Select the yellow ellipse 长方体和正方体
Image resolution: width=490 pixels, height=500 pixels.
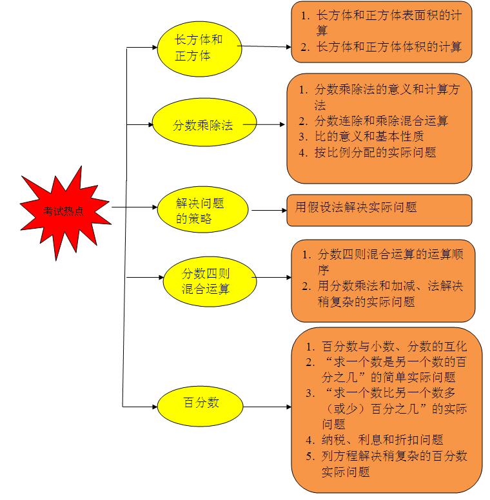pos(199,49)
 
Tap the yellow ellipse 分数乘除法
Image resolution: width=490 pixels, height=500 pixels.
pos(204,122)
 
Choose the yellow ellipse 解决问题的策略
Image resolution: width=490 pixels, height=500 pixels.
pos(202,209)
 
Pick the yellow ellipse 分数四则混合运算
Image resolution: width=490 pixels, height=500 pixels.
pos(210,282)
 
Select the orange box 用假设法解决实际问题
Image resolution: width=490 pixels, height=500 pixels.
pos(379,211)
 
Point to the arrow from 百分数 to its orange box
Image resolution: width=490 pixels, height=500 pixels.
pos(267,407)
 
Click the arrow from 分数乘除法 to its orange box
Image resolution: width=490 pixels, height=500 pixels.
pos(264,124)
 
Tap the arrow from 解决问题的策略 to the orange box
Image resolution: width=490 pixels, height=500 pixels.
pos(269,211)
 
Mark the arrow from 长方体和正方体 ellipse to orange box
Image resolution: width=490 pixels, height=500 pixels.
pos(264,46)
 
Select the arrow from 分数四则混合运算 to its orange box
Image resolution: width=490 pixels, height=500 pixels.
pos(271,278)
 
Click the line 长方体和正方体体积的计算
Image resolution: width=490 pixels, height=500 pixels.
pos(381,47)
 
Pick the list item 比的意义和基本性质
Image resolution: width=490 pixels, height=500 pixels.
pos(361,137)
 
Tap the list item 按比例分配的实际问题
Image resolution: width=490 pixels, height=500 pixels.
pos(367,153)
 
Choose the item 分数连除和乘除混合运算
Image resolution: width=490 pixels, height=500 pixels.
pos(373,121)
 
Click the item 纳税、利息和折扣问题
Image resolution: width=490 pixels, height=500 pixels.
pos(375,440)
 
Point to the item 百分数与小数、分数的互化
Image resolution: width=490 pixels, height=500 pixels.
pos(386,346)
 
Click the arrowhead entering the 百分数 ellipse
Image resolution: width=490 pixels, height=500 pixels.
pos(155,407)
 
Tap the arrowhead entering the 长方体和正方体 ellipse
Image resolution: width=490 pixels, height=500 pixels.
pos(155,48)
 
